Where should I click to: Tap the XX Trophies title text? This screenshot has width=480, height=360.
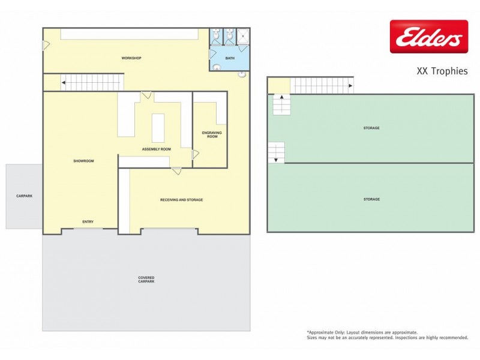442,71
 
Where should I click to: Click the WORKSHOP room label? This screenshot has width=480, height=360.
131,58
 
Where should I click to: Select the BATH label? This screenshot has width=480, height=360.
230,58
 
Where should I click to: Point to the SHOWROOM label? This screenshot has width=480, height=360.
84,161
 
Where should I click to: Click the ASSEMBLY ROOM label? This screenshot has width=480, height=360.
156,149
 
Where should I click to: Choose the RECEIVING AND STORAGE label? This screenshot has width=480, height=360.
181,199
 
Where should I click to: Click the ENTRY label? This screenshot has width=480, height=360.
88,222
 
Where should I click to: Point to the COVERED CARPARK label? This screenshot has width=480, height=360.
146,280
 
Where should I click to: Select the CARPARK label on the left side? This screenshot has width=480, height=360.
24,196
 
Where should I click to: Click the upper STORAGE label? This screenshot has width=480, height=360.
371,128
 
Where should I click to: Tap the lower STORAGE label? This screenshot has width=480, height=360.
371,199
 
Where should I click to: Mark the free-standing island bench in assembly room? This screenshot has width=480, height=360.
158,127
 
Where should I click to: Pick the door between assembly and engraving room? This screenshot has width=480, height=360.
195,154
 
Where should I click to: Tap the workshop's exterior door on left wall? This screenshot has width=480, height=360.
46,45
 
